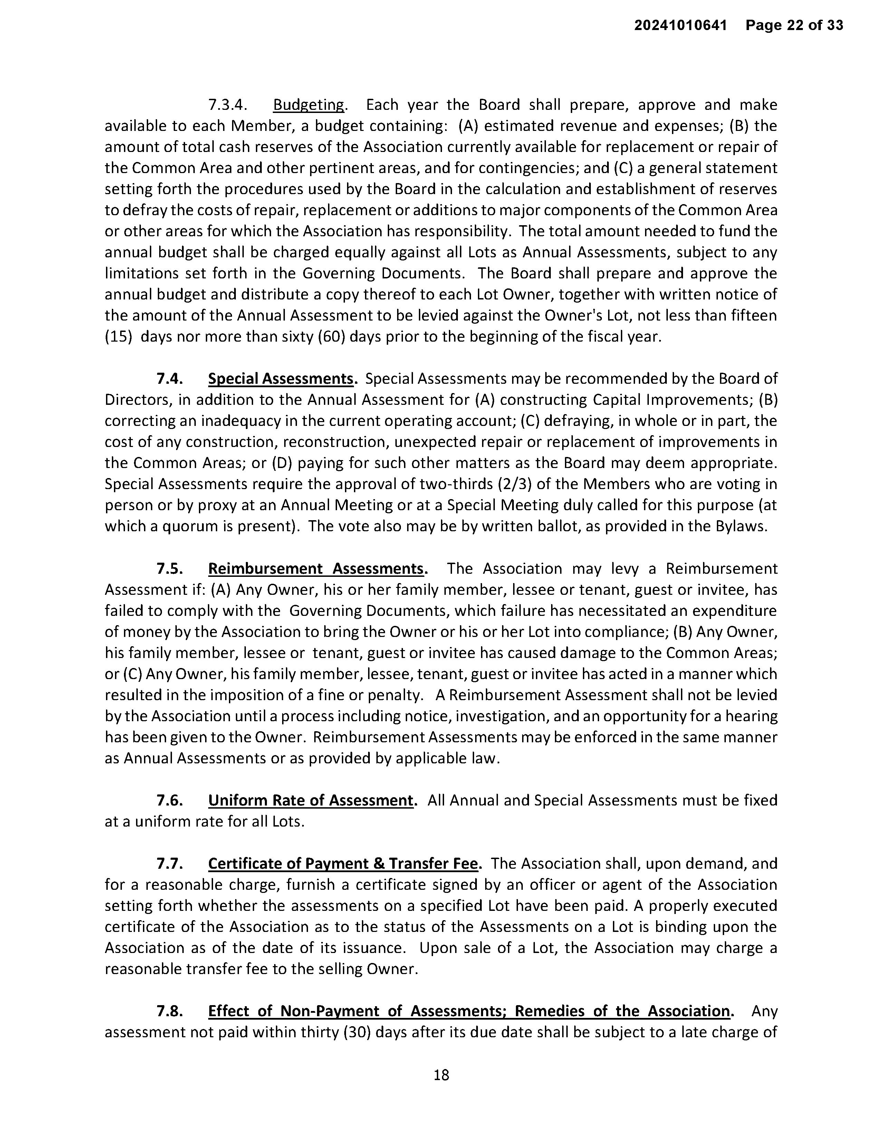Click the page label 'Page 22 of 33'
[x=795, y=25]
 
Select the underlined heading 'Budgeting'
[x=308, y=105]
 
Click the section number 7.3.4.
[x=227, y=105]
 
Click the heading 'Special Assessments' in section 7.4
[x=281, y=379]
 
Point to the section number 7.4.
[x=170, y=379]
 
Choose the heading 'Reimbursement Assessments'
[x=316, y=569]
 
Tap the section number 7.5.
[x=170, y=569]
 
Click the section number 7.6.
[x=170, y=800]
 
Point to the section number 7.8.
[x=170, y=1011]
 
